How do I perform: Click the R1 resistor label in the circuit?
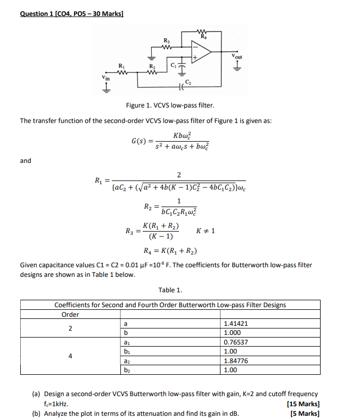click(122, 64)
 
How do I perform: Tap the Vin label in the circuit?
click(107, 78)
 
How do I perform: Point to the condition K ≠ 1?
click(206, 231)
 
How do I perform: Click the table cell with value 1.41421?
click(235, 323)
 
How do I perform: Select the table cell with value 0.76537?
click(235, 342)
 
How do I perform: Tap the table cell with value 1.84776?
click(235, 360)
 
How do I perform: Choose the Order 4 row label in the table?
click(70, 356)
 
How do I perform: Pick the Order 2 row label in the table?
click(70, 328)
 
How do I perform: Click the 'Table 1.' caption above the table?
click(170, 290)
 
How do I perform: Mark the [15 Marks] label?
click(302, 404)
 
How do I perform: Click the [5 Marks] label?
click(305, 413)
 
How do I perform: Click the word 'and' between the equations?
click(26, 161)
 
